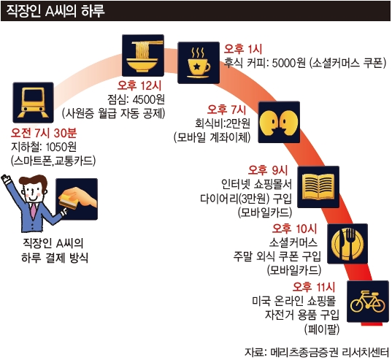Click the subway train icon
(33, 102)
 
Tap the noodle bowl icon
(143, 55)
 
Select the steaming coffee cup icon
(199, 63)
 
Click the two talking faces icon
(279, 122)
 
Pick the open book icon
(318, 187)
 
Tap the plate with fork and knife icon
(347, 244)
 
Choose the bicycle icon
(368, 302)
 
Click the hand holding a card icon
(77, 199)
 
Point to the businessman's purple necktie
(34, 212)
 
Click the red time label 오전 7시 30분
(44, 133)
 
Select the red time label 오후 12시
(139, 85)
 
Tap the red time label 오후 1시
(243, 49)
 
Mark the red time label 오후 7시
(226, 110)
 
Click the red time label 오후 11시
(313, 287)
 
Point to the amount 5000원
(289, 64)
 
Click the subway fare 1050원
(61, 147)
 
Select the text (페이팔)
(322, 329)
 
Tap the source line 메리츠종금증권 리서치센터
(330, 352)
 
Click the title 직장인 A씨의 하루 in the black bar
(55, 11)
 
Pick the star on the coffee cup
(197, 66)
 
